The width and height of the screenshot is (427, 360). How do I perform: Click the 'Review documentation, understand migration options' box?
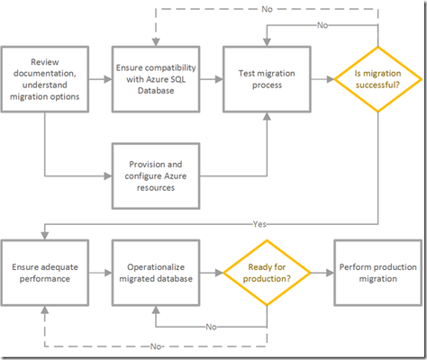point(45,79)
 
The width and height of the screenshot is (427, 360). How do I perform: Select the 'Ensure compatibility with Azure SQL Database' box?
point(156,79)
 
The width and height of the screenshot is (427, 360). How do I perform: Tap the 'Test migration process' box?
point(267,79)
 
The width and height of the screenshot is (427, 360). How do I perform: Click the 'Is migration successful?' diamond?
point(378,79)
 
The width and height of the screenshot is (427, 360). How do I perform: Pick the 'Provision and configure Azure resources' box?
point(156,175)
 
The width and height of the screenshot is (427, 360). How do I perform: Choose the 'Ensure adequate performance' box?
point(45,273)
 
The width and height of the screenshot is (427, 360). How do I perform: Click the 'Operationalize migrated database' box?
point(156,273)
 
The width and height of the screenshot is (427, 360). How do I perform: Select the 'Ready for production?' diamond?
point(267,273)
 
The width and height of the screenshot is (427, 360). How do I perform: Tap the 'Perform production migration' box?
point(378,273)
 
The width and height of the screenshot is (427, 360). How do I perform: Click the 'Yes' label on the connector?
point(259,224)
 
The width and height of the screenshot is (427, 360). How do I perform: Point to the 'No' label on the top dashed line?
point(267,9)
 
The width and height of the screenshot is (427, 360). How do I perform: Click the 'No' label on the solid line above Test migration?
point(323,25)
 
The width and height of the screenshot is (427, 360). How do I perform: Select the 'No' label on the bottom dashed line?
point(156,346)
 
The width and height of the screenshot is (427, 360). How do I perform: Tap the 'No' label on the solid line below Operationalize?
point(212,327)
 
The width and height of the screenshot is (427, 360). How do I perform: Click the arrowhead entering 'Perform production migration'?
point(331,273)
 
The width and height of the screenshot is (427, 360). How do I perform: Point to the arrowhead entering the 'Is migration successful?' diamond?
point(331,79)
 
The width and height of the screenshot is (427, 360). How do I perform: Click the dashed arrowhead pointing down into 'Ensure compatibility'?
point(156,42)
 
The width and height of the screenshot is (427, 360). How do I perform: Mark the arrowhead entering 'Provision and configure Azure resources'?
point(108,175)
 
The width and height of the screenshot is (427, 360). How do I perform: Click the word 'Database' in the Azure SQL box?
point(156,91)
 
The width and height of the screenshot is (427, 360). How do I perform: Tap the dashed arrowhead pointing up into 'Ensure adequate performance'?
point(45,310)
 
